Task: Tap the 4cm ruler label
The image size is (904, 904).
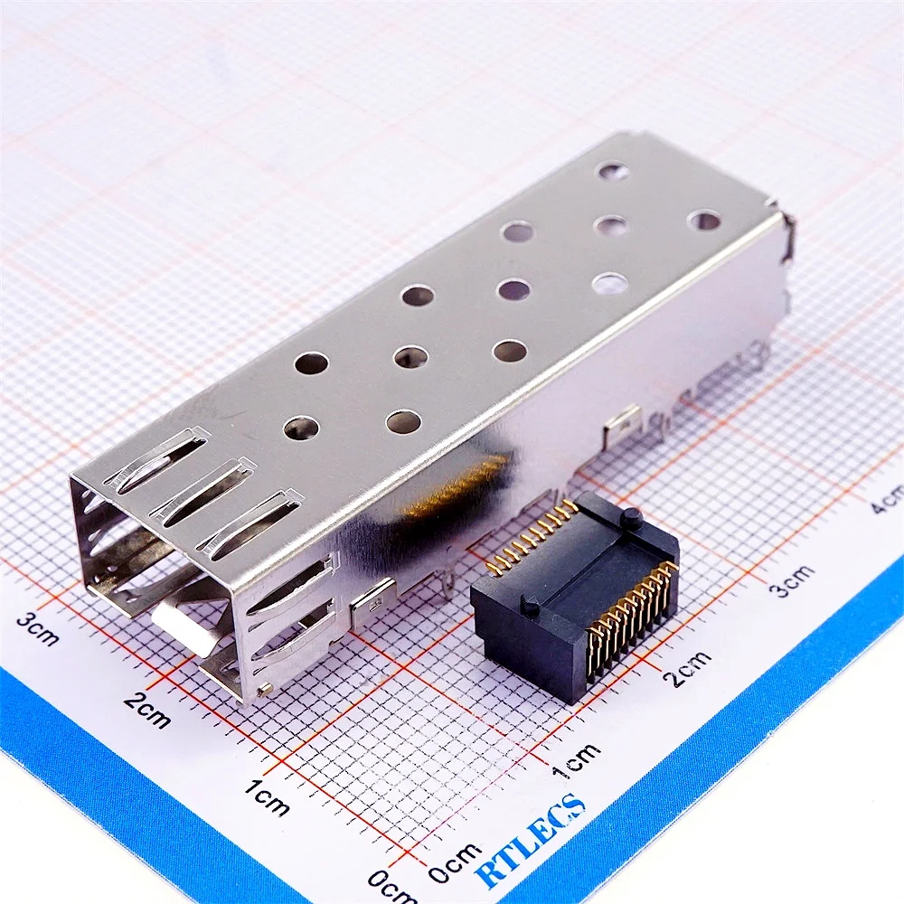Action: click(885, 499)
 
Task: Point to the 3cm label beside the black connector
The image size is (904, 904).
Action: click(794, 579)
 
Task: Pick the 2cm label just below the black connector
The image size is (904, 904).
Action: click(688, 668)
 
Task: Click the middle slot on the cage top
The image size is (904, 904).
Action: click(202, 490)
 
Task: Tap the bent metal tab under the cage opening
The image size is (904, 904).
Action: click(185, 628)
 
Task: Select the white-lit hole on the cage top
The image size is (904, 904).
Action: click(609, 284)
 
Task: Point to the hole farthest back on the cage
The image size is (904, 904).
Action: click(613, 169)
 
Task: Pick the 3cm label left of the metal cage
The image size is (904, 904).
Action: click(39, 629)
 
